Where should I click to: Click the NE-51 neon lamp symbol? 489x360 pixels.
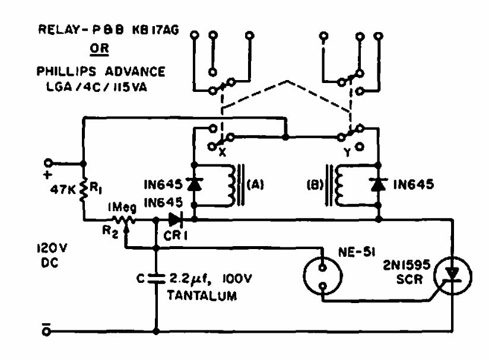pos(323,277)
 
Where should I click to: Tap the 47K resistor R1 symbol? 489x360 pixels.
pos(83,190)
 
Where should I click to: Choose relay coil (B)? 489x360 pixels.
pos(341,184)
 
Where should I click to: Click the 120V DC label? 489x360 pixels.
pos(52,257)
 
